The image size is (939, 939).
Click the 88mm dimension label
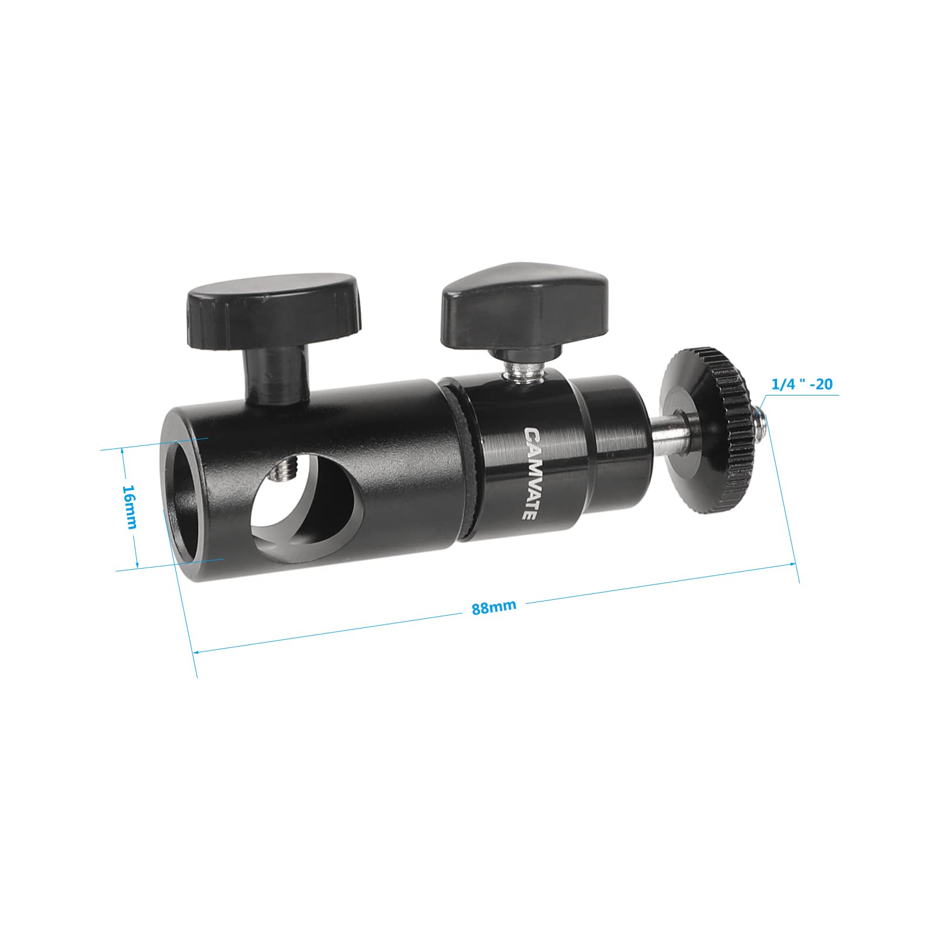pyautogui.click(x=494, y=606)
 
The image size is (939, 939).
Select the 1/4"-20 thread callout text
pyautogui.click(x=802, y=384)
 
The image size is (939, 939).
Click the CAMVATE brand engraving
pyautogui.click(x=528, y=473)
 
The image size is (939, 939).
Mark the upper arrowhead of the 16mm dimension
pyautogui.click(x=123, y=451)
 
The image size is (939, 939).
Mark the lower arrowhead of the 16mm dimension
pyautogui.click(x=137, y=566)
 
